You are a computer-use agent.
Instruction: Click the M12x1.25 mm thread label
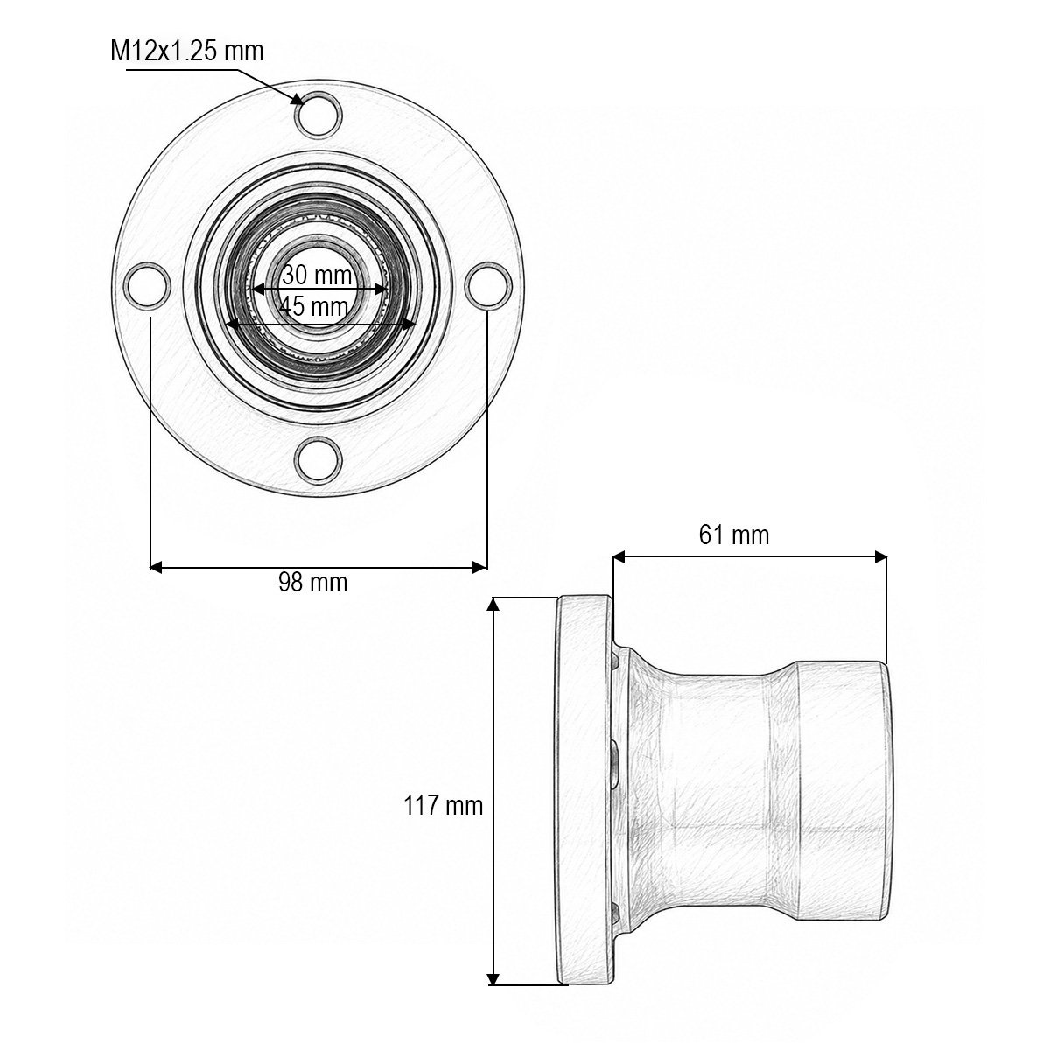[x=187, y=52]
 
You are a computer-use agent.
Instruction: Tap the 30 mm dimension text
[x=317, y=275]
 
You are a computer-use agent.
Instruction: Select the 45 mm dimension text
[x=313, y=306]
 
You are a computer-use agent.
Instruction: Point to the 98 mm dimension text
[x=312, y=583]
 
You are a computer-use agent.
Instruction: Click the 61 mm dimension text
[x=733, y=535]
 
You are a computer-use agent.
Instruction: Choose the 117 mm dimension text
[x=443, y=805]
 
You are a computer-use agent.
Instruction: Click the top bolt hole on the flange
[x=318, y=115]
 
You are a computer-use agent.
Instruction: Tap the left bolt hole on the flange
[x=147, y=286]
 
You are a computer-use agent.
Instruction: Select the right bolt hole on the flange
[x=488, y=286]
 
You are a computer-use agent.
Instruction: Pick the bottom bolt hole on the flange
[x=318, y=460]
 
